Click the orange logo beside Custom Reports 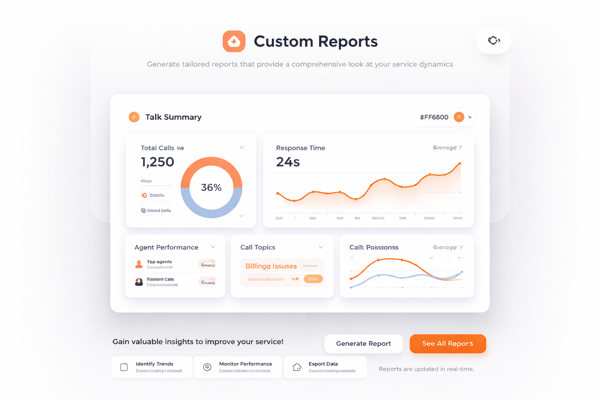pyautogui.click(x=234, y=41)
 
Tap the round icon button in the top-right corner pyautogui.click(x=494, y=40)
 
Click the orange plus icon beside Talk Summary pyautogui.click(x=134, y=117)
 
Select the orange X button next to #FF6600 pyautogui.click(x=459, y=117)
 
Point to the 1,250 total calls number pyautogui.click(x=157, y=162)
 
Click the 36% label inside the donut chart pyautogui.click(x=211, y=187)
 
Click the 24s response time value pyautogui.click(x=288, y=162)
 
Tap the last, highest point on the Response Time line pyautogui.click(x=460, y=164)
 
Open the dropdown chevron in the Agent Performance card pyautogui.click(x=213, y=247)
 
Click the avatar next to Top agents pyautogui.click(x=139, y=264)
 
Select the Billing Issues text pyautogui.click(x=271, y=266)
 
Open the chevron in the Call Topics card pyautogui.click(x=321, y=247)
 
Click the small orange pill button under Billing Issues pyautogui.click(x=313, y=279)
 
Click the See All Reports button pyautogui.click(x=448, y=344)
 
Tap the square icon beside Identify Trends pyautogui.click(x=124, y=367)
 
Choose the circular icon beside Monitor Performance pyautogui.click(x=207, y=367)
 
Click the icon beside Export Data pyautogui.click(x=297, y=367)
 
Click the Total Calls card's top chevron pyautogui.click(x=242, y=148)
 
